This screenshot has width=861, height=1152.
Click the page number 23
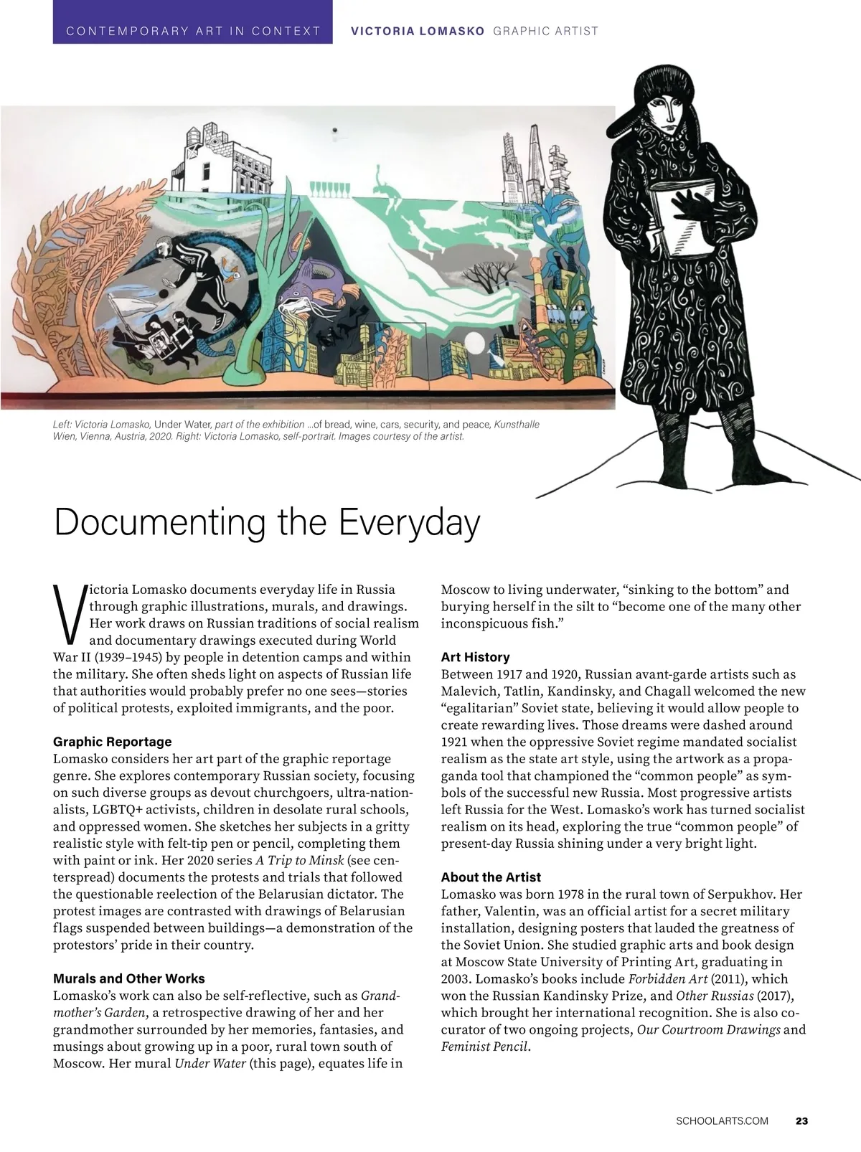point(801,1120)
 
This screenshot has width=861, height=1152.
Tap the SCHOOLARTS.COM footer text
point(722,1120)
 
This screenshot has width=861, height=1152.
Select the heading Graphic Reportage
point(113,741)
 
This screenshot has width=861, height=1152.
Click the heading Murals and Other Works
point(129,978)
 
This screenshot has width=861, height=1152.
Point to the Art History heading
point(475,656)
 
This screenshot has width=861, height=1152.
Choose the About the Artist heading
point(491,877)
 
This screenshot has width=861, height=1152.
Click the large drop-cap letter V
point(69,613)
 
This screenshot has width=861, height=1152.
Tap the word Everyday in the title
point(408,522)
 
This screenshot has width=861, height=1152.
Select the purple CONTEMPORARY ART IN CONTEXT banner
point(192,31)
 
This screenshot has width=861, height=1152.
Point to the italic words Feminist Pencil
point(485,1047)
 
